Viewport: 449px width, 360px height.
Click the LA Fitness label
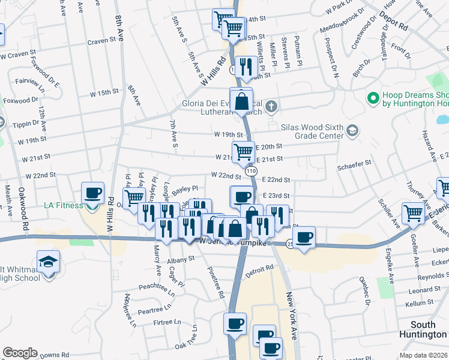point(63,206)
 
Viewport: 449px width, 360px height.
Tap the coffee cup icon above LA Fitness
point(92,193)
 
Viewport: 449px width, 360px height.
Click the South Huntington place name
point(427,329)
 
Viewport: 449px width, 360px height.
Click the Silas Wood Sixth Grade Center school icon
point(352,131)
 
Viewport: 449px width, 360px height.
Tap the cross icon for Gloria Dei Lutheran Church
point(271,107)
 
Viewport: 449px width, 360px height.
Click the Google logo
point(20,353)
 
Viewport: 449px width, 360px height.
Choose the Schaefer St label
point(355,162)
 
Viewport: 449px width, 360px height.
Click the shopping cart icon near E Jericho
point(414,212)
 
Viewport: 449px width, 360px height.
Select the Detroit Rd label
point(259,270)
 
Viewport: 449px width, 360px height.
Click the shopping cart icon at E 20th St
point(243,152)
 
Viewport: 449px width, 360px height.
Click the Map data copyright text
point(423,355)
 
